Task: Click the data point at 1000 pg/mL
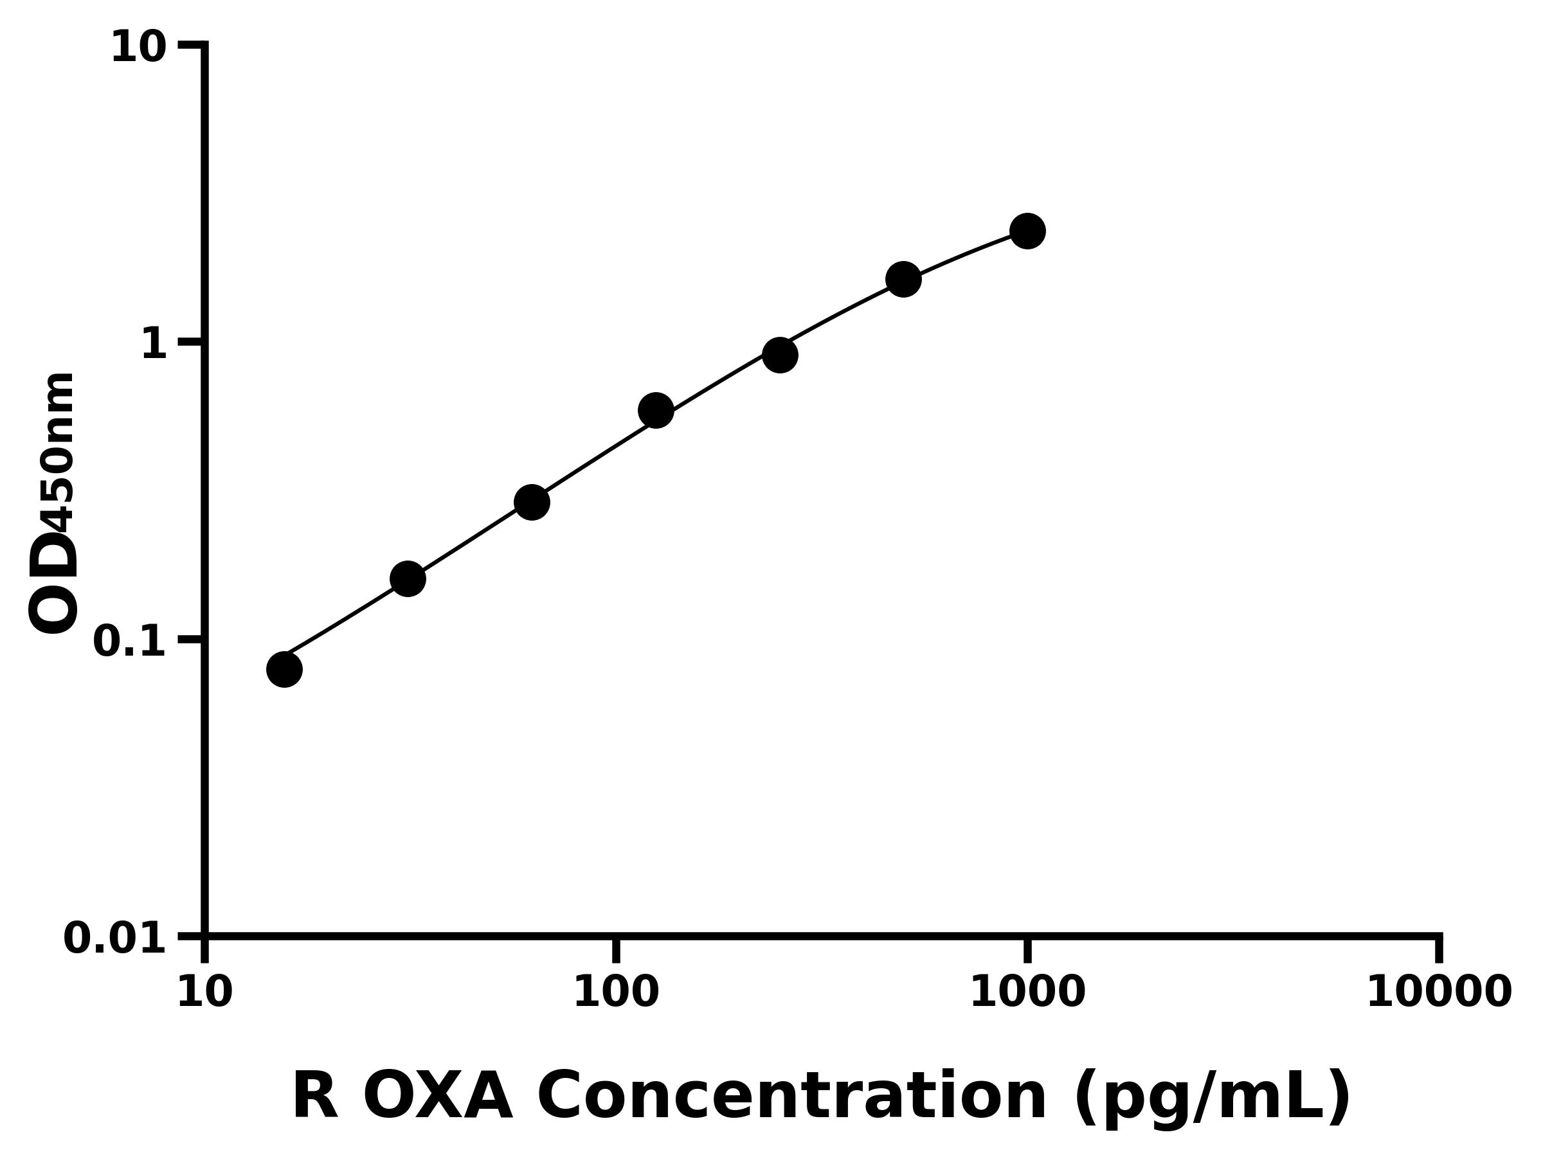1027,231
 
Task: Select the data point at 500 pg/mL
903,280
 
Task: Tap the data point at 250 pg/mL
780,355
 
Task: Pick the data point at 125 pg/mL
656,411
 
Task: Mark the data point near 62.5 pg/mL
532,503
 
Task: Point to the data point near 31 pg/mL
408,579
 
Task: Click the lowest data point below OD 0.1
284,670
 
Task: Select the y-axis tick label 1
154,345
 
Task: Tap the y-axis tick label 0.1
130,641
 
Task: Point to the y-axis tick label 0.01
115,938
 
